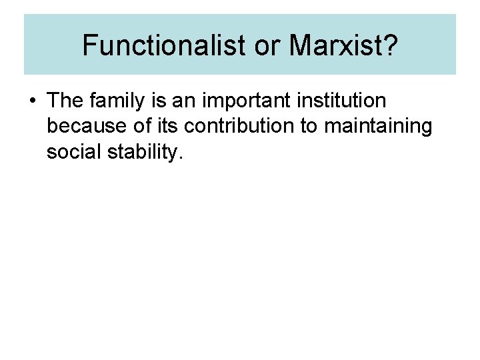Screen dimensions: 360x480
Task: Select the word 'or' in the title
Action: (265, 45)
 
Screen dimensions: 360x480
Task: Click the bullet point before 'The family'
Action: (33, 101)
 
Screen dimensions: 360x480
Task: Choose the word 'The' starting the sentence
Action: (65, 101)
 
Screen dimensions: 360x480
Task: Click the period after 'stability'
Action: (179, 157)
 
